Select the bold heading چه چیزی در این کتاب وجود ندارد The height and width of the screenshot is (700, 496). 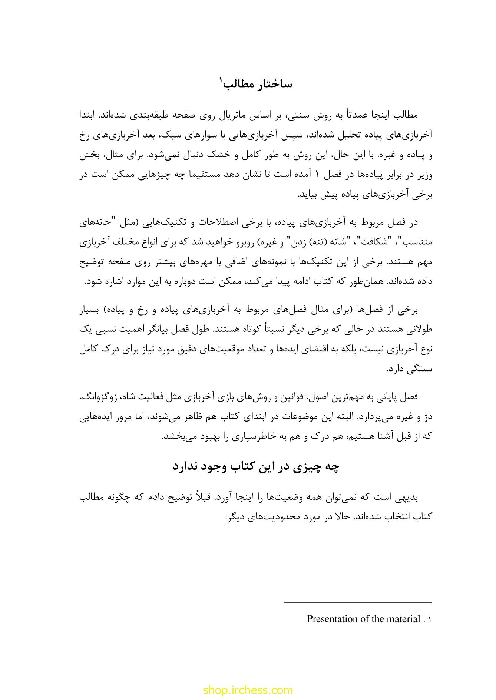[256, 467]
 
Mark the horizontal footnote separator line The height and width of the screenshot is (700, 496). [358, 603]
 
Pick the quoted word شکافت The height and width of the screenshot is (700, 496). [393, 242]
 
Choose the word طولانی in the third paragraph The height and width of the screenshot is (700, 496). [422, 329]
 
